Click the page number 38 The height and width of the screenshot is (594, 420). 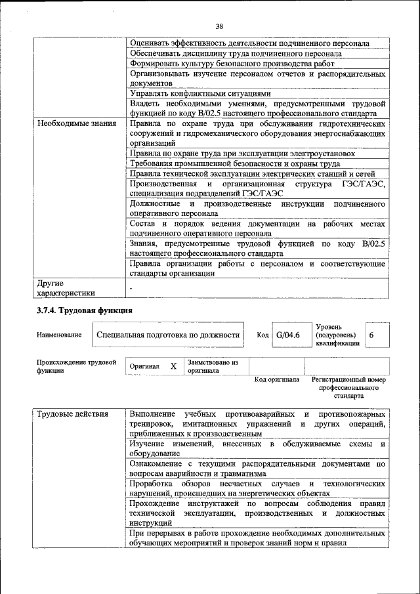219,26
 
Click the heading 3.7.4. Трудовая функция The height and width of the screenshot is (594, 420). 84,310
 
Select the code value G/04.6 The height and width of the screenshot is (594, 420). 287,335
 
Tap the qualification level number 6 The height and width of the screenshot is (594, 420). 372,335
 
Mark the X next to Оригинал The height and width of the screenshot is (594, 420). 173,366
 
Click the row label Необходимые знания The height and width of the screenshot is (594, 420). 76,123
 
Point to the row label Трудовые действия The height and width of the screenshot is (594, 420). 72,414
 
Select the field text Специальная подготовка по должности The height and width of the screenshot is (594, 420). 167,335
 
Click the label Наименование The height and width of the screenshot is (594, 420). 59,335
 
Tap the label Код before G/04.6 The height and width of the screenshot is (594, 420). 262,335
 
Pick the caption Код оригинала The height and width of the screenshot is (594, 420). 276,380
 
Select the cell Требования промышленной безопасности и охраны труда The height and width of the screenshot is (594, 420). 234,163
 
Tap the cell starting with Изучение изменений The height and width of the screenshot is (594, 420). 256,450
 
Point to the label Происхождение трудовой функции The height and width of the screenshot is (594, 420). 76,366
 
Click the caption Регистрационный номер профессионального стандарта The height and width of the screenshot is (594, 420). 348,388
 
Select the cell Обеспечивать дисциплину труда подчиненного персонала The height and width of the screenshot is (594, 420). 236,53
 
